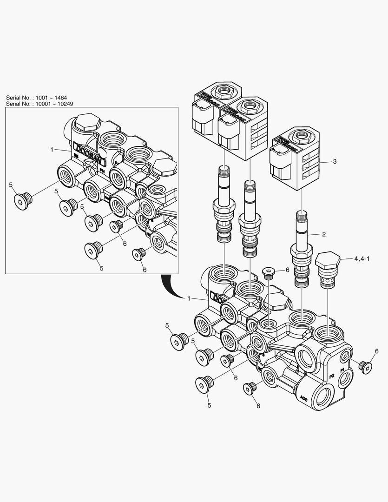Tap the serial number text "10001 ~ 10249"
(57, 104)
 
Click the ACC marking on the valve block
(304, 398)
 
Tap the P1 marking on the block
(342, 370)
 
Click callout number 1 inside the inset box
(52, 149)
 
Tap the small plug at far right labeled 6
(366, 367)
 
